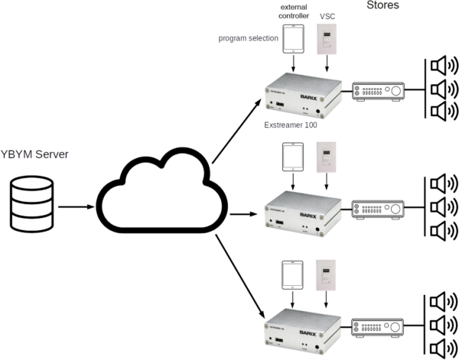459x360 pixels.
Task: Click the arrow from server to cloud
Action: click(x=76, y=206)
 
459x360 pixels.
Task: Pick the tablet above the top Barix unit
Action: click(x=294, y=41)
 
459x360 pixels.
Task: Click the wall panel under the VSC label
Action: click(x=329, y=39)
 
